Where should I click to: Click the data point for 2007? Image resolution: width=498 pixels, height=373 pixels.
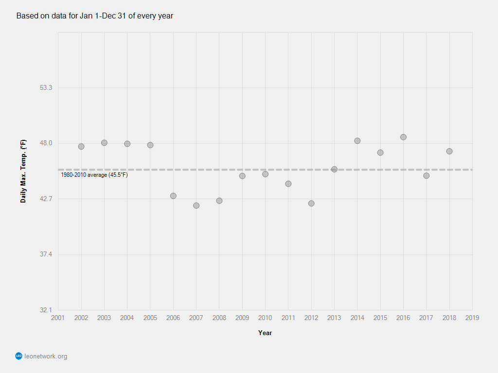click(196, 205)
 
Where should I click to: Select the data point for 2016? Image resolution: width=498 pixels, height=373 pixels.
click(403, 137)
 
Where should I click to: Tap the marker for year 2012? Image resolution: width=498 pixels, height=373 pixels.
click(311, 203)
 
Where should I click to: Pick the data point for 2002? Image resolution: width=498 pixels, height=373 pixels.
click(81, 146)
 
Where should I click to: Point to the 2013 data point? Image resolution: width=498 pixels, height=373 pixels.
click(334, 169)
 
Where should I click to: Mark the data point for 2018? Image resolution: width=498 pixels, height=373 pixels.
click(449, 151)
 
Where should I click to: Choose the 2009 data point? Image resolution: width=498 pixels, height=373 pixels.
click(242, 176)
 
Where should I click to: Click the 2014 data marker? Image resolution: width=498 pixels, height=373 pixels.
click(357, 141)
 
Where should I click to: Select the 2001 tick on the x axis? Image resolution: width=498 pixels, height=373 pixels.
click(58, 318)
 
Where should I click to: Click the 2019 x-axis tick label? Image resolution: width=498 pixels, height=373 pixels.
click(472, 318)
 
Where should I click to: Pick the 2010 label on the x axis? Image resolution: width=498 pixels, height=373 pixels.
click(265, 318)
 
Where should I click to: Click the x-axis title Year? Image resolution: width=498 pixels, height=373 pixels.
click(265, 333)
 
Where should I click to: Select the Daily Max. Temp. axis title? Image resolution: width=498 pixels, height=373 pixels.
click(23, 171)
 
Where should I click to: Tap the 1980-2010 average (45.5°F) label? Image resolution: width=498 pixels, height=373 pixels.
click(94, 175)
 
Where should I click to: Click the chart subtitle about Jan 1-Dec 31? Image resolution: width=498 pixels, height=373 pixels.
click(95, 16)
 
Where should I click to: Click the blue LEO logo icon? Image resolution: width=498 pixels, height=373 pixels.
click(19, 356)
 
